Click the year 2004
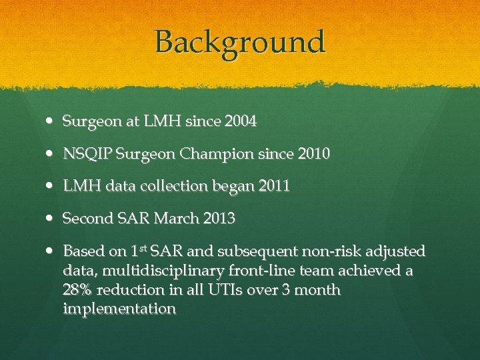tap(241, 122)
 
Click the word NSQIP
tap(87, 155)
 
